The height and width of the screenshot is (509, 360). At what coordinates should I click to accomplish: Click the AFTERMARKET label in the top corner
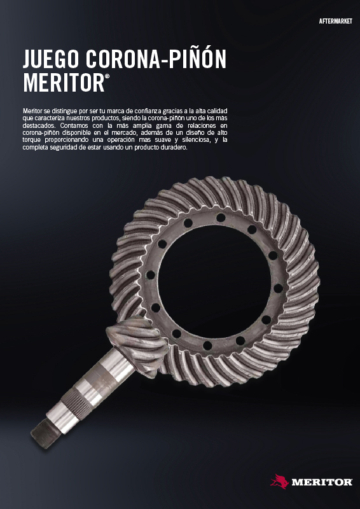click(336, 22)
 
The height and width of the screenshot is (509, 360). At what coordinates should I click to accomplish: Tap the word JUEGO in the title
click(52, 59)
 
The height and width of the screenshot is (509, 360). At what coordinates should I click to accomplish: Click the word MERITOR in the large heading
click(64, 82)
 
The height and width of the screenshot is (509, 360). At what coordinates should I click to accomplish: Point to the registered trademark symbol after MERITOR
click(107, 76)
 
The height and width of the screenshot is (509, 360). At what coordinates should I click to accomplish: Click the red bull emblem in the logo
click(279, 481)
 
